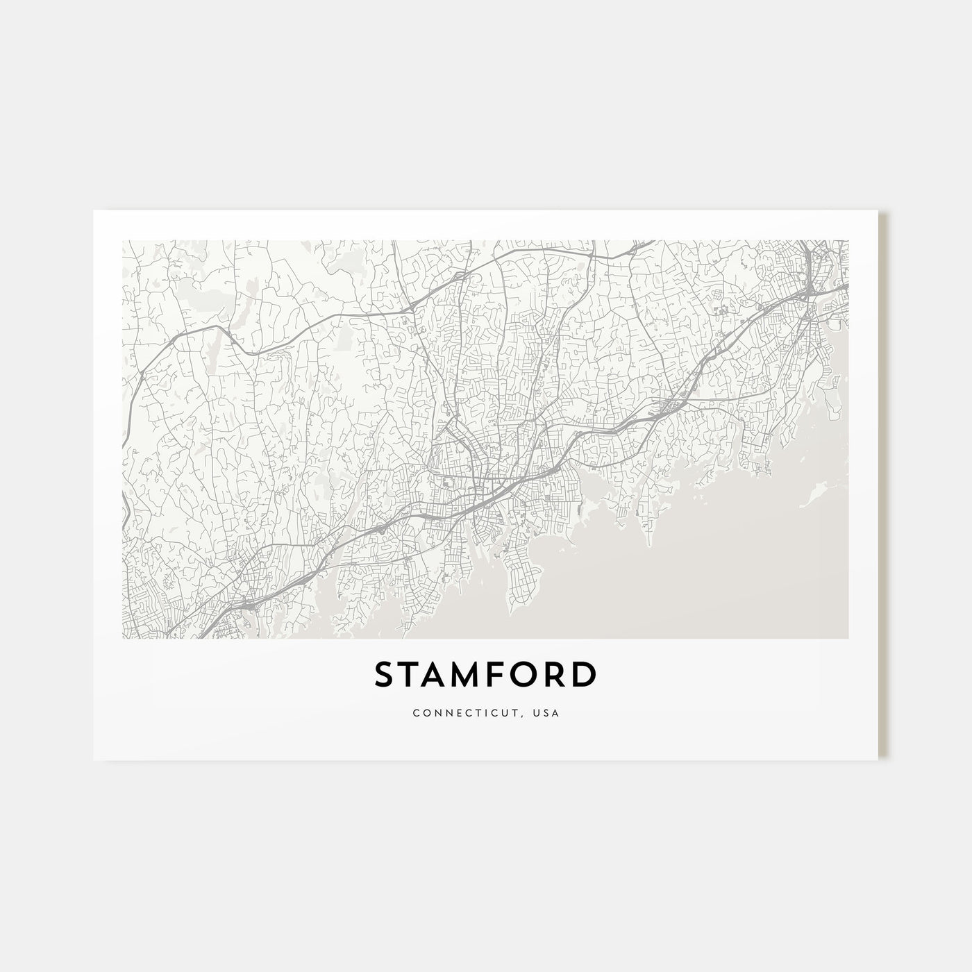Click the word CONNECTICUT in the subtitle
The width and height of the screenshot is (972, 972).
[x=453, y=712]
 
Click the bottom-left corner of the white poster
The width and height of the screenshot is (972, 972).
[x=94, y=760]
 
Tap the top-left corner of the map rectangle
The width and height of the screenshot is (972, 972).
[x=122, y=240]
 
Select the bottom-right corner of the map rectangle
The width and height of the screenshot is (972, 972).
[x=848, y=638]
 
